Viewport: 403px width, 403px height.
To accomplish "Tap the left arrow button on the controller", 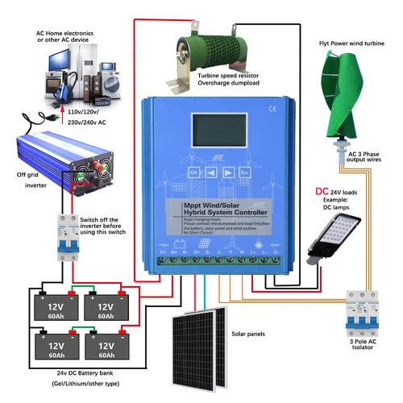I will click(x=210, y=172).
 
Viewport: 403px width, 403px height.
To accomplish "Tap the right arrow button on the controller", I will click(x=228, y=172).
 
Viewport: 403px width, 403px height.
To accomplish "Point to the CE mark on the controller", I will click(x=271, y=105).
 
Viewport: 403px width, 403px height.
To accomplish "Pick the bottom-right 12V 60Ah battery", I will click(x=106, y=348).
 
